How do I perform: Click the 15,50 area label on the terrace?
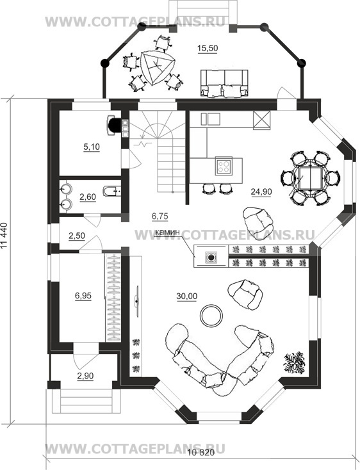click(208, 48)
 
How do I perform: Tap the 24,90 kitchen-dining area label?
click(261, 191)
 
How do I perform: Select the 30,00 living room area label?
click(187, 296)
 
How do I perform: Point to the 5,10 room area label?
click(92, 147)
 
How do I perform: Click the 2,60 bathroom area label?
click(88, 197)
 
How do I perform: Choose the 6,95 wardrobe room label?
click(83, 296)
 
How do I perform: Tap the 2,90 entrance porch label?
click(85, 376)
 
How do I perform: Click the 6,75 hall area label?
click(160, 216)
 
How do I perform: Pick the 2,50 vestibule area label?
click(77, 236)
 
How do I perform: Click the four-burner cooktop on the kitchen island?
click(224, 166)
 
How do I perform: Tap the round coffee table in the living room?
click(211, 316)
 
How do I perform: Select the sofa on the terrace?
click(224, 83)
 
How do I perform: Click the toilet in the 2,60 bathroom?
click(112, 191)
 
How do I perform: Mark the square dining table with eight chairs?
click(311, 178)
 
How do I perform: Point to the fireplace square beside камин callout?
click(211, 257)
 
